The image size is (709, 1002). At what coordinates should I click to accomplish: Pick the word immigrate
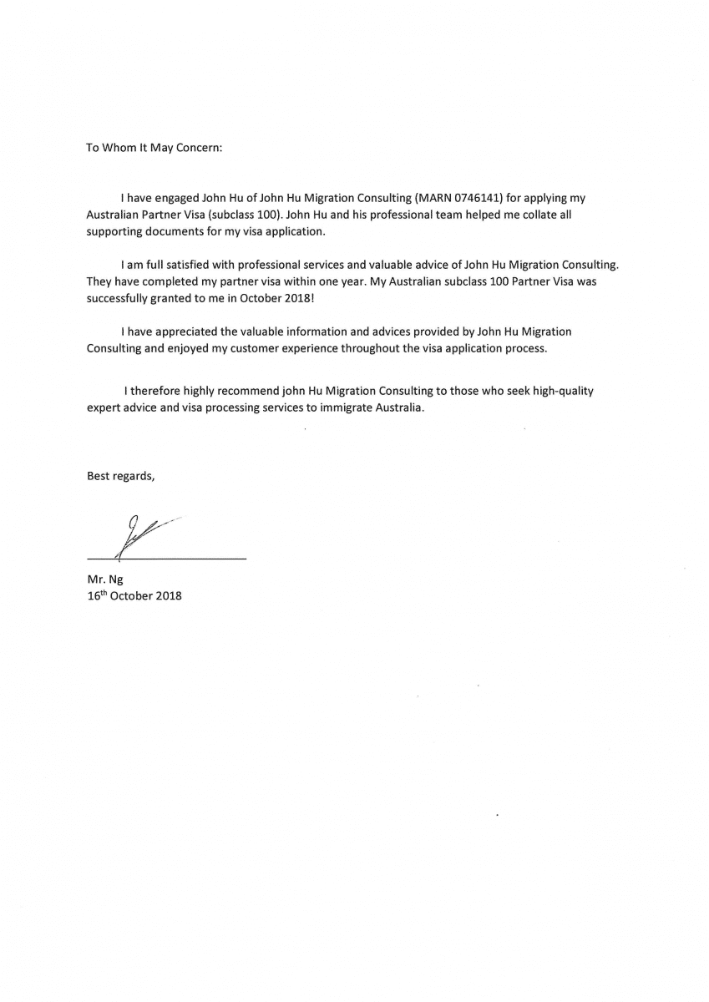(x=345, y=407)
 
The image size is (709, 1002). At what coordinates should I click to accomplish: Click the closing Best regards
(x=120, y=475)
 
